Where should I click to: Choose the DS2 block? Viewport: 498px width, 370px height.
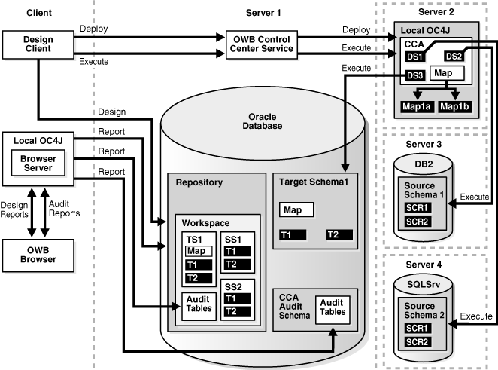(x=454, y=56)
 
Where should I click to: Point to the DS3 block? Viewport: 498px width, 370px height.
(x=415, y=75)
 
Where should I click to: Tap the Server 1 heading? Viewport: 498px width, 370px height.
(x=263, y=13)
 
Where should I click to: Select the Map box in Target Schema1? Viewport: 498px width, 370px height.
(x=296, y=208)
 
